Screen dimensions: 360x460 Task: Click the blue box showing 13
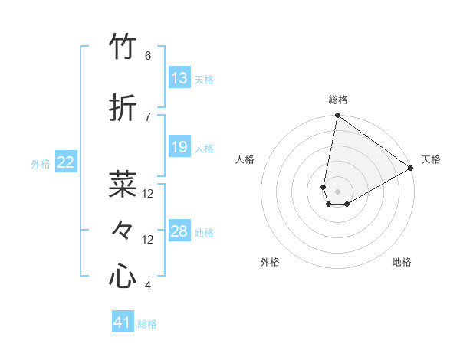pyautogui.click(x=179, y=78)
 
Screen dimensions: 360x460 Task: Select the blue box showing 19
pyautogui.click(x=179, y=147)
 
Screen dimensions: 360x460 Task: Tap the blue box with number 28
pyautogui.click(x=179, y=231)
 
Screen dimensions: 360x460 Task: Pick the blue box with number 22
pyautogui.click(x=66, y=162)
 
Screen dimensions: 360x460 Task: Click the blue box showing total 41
pyautogui.click(x=123, y=322)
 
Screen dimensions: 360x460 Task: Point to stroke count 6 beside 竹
pyautogui.click(x=148, y=56)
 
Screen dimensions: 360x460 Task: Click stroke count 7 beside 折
pyautogui.click(x=148, y=116)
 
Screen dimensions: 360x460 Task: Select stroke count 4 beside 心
pyautogui.click(x=148, y=286)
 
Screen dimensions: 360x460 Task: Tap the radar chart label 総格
pyautogui.click(x=337, y=100)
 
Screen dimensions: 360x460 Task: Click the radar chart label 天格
pyautogui.click(x=431, y=159)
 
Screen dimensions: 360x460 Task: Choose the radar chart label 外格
pyautogui.click(x=270, y=262)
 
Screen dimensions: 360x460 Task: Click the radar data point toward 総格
pyautogui.click(x=337, y=116)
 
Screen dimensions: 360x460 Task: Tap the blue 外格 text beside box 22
pyautogui.click(x=41, y=163)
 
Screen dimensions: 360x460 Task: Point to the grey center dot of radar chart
pyautogui.click(x=337, y=190)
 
